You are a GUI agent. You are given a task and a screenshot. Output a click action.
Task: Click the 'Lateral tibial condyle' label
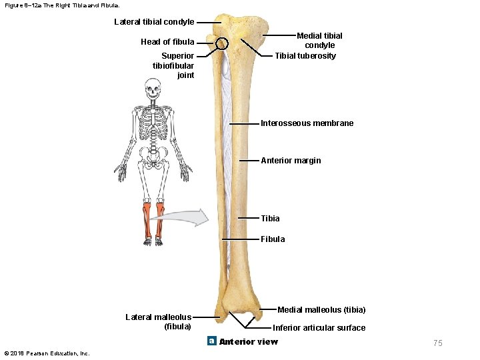coord(154,22)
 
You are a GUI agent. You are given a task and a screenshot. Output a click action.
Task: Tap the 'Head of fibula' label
coord(167,42)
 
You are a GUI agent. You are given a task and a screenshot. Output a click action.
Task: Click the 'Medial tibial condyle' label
coord(319,40)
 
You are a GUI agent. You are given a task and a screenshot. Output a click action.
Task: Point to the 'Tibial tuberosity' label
coord(305,56)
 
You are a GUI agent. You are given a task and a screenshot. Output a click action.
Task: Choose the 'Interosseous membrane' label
coord(307,123)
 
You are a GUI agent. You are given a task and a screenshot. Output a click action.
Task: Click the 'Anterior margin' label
coord(291,161)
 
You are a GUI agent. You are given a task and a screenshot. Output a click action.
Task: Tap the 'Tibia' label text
coord(270,219)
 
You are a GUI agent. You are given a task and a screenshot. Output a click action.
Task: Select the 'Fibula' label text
coord(273,239)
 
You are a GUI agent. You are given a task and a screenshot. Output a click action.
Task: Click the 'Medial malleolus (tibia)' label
coord(321,310)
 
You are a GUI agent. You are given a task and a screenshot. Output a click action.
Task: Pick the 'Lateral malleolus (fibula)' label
coord(158,321)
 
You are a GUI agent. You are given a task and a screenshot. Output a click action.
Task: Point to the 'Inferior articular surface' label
coord(319,328)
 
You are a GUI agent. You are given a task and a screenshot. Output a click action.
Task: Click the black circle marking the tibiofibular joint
coord(222,44)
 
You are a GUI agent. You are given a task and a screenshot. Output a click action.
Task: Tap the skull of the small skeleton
coord(154,87)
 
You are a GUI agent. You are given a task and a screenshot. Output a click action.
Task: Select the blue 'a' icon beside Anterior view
coord(211,341)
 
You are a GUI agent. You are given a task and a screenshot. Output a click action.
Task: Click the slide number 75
coord(437,343)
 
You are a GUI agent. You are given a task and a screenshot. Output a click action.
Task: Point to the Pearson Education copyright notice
coord(47,353)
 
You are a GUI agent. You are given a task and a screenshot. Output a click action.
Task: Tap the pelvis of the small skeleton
coord(154,157)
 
